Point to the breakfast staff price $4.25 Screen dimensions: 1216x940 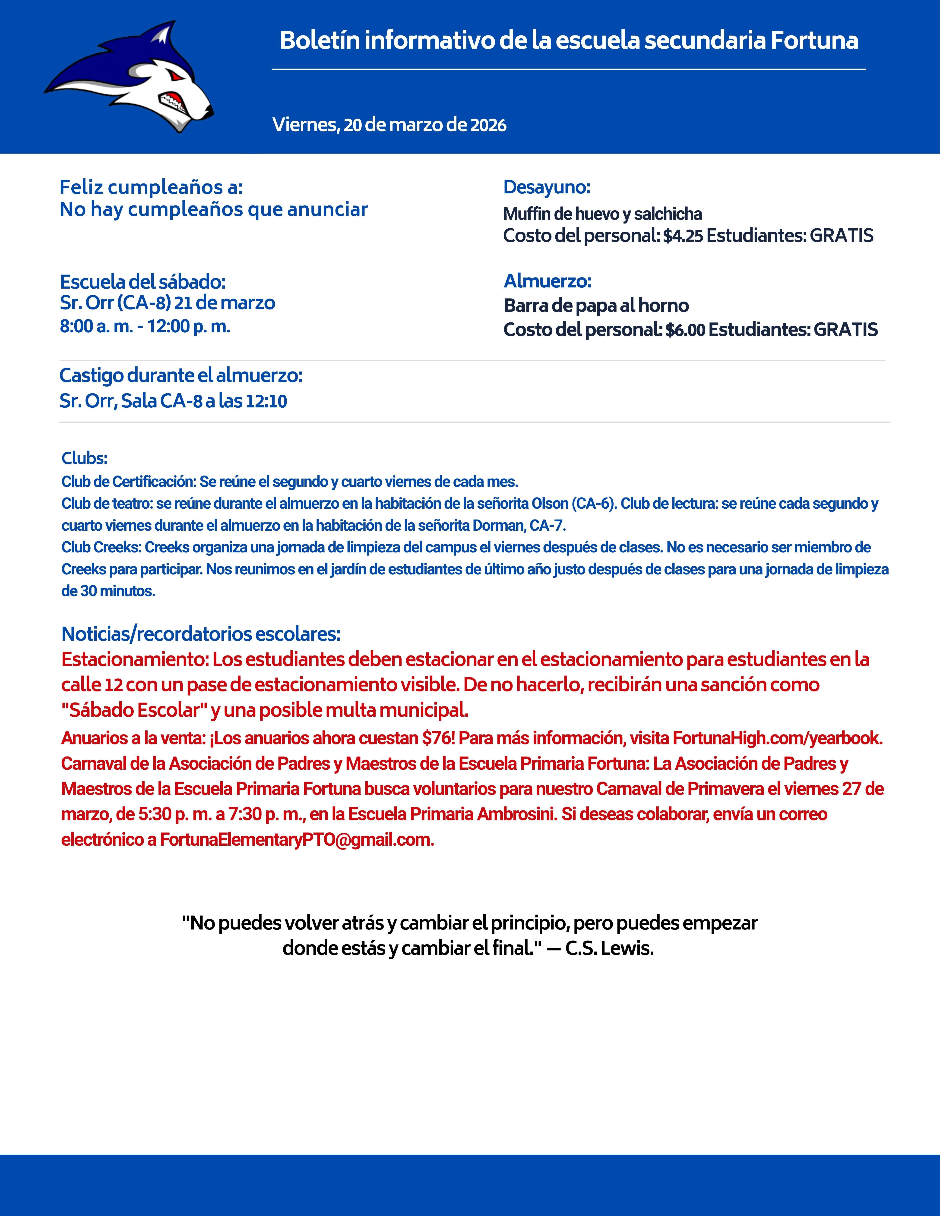(x=683, y=236)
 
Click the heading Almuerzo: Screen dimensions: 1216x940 (x=548, y=281)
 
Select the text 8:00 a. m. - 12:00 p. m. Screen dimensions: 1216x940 (x=145, y=326)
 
